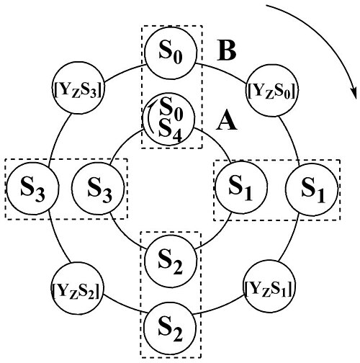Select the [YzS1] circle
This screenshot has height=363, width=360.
tap(269, 286)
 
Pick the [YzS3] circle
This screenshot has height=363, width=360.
tap(78, 88)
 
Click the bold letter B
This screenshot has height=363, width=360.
tap(227, 51)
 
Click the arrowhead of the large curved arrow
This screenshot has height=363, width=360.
tap(354, 92)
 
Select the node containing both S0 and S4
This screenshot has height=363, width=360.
tap(168, 119)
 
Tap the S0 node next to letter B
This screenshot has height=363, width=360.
tap(171, 53)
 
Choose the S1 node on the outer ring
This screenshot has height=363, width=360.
tap(312, 189)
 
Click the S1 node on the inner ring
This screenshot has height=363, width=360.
tap(241, 187)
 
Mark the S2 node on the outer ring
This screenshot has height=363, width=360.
tap(170, 329)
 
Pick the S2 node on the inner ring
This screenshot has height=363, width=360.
tap(171, 261)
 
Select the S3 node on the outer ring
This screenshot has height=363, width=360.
tap(32, 188)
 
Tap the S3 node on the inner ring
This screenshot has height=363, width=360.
tap(98, 189)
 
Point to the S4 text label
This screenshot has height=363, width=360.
tap(171, 131)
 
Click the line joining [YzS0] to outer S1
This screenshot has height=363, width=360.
tap(291, 140)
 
